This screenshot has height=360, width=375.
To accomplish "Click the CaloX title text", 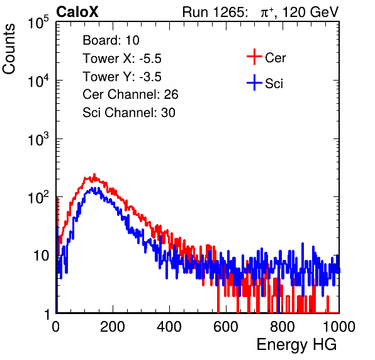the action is pyautogui.click(x=77, y=12).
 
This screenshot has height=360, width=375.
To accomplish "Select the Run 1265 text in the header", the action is pyautogui.click(x=215, y=12).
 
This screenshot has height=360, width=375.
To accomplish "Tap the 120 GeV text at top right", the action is pyautogui.click(x=310, y=12).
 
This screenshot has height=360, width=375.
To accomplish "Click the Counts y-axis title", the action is pyautogui.click(x=9, y=49).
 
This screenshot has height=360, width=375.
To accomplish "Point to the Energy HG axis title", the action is pyautogui.click(x=296, y=344).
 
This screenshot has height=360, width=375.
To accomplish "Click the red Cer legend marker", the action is pyautogui.click(x=254, y=57).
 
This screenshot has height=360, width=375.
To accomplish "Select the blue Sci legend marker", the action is pyautogui.click(x=254, y=82).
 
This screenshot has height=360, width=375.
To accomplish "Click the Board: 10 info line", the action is pyautogui.click(x=111, y=40).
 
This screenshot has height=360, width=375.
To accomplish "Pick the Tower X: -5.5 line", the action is pyautogui.click(x=122, y=59).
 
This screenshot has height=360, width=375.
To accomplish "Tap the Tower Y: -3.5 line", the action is pyautogui.click(x=122, y=77).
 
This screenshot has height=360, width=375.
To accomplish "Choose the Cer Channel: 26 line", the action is pyautogui.click(x=130, y=94).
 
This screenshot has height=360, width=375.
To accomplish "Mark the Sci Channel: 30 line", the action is pyautogui.click(x=129, y=113).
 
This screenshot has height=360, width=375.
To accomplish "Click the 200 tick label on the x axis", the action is pyautogui.click(x=113, y=327).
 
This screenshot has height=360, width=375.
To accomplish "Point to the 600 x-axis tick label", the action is pyautogui.click(x=226, y=327).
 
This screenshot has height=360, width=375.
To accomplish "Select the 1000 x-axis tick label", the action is pyautogui.click(x=339, y=327).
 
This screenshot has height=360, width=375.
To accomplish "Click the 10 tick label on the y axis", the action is pyautogui.click(x=42, y=256).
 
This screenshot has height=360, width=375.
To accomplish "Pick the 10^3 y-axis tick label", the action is pyautogui.click(x=38, y=139).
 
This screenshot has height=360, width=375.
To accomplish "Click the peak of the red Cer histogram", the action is pyautogui.click(x=94, y=174).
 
